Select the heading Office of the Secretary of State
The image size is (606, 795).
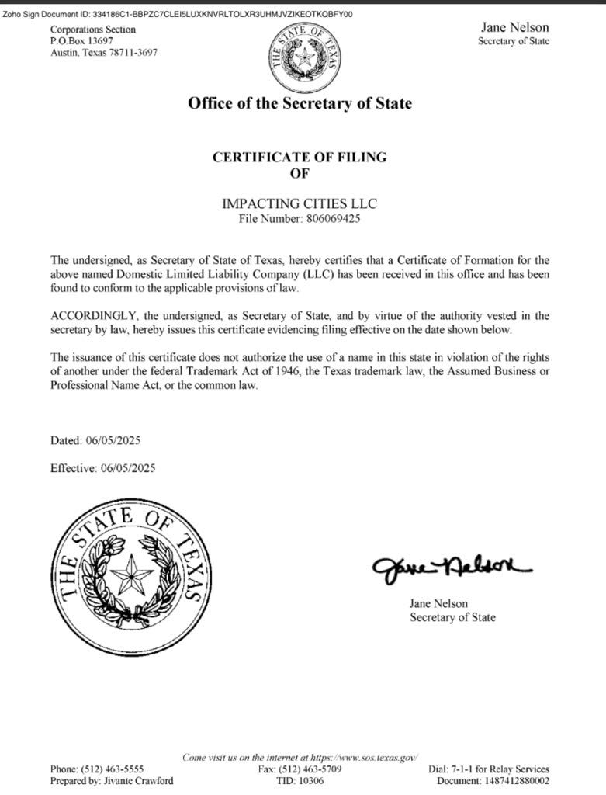pyautogui.click(x=300, y=103)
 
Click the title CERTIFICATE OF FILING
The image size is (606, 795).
pyautogui.click(x=300, y=158)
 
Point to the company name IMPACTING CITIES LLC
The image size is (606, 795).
pyautogui.click(x=300, y=203)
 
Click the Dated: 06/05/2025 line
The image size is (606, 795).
pyautogui.click(x=95, y=441)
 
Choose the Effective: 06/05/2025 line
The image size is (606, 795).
pyautogui.click(x=102, y=469)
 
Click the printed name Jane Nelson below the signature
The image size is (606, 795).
pyautogui.click(x=438, y=603)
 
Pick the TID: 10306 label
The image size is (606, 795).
pyautogui.click(x=300, y=781)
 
